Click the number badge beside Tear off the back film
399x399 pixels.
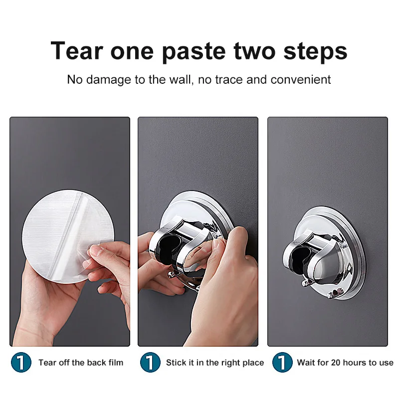tap(20, 363)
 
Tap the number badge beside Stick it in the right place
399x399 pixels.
tap(150, 363)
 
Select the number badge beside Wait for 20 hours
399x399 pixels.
tap(282, 363)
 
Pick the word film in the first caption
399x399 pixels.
tap(115, 363)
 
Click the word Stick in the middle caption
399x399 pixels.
tap(176, 363)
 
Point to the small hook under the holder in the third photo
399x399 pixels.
tap(304, 283)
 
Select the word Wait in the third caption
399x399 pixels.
tap(306, 363)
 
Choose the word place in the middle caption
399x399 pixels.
tap(252, 363)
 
